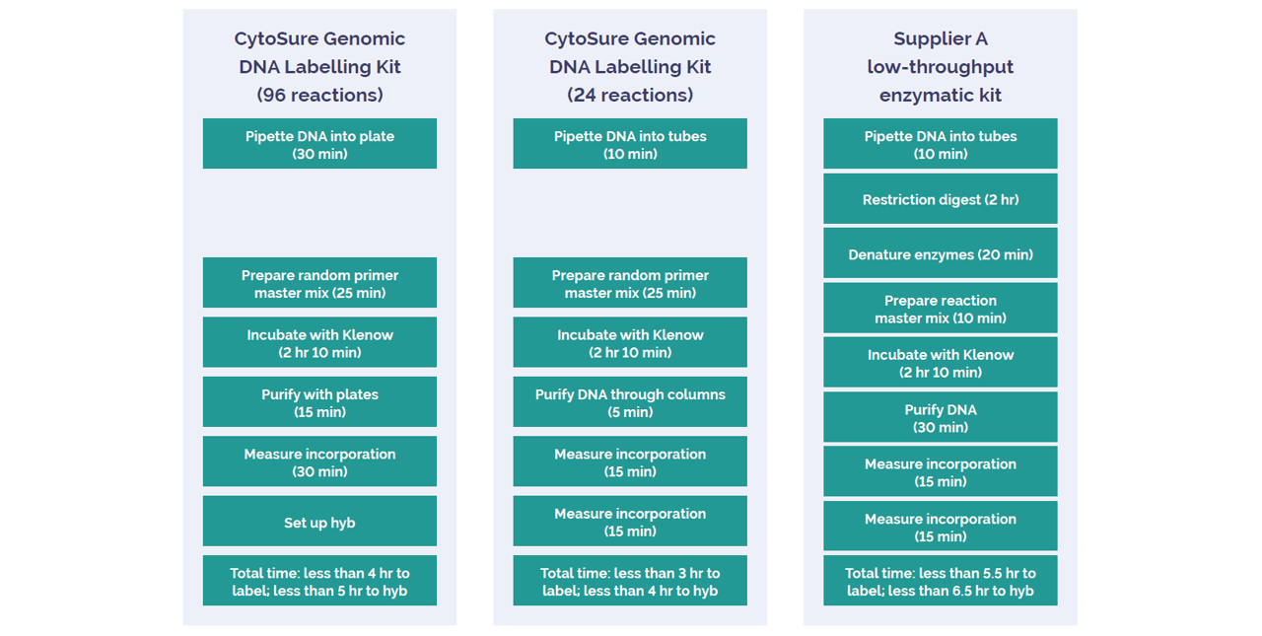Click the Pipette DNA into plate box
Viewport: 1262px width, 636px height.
319,143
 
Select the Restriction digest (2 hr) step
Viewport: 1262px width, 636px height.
941,199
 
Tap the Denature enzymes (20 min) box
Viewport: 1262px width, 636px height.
941,253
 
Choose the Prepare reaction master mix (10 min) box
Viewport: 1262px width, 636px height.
941,309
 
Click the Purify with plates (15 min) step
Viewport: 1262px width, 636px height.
319,401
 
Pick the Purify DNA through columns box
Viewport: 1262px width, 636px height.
630,401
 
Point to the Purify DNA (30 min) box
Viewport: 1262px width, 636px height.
941,417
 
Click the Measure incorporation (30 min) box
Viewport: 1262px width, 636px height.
319,461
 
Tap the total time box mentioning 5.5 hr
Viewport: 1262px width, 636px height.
941,581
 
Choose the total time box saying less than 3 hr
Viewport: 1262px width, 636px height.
630,581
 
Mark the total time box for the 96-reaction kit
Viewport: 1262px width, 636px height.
319,581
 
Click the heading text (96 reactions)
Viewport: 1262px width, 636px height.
320,95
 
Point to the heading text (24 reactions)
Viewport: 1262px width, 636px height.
630,95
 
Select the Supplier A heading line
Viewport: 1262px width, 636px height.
941,38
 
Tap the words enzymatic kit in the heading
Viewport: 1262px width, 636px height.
941,95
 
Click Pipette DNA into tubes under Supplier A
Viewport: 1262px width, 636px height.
941,143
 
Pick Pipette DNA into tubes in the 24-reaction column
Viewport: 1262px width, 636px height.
630,143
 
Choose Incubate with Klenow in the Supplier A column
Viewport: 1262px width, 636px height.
941,363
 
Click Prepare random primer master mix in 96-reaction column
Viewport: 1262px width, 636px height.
319,283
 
